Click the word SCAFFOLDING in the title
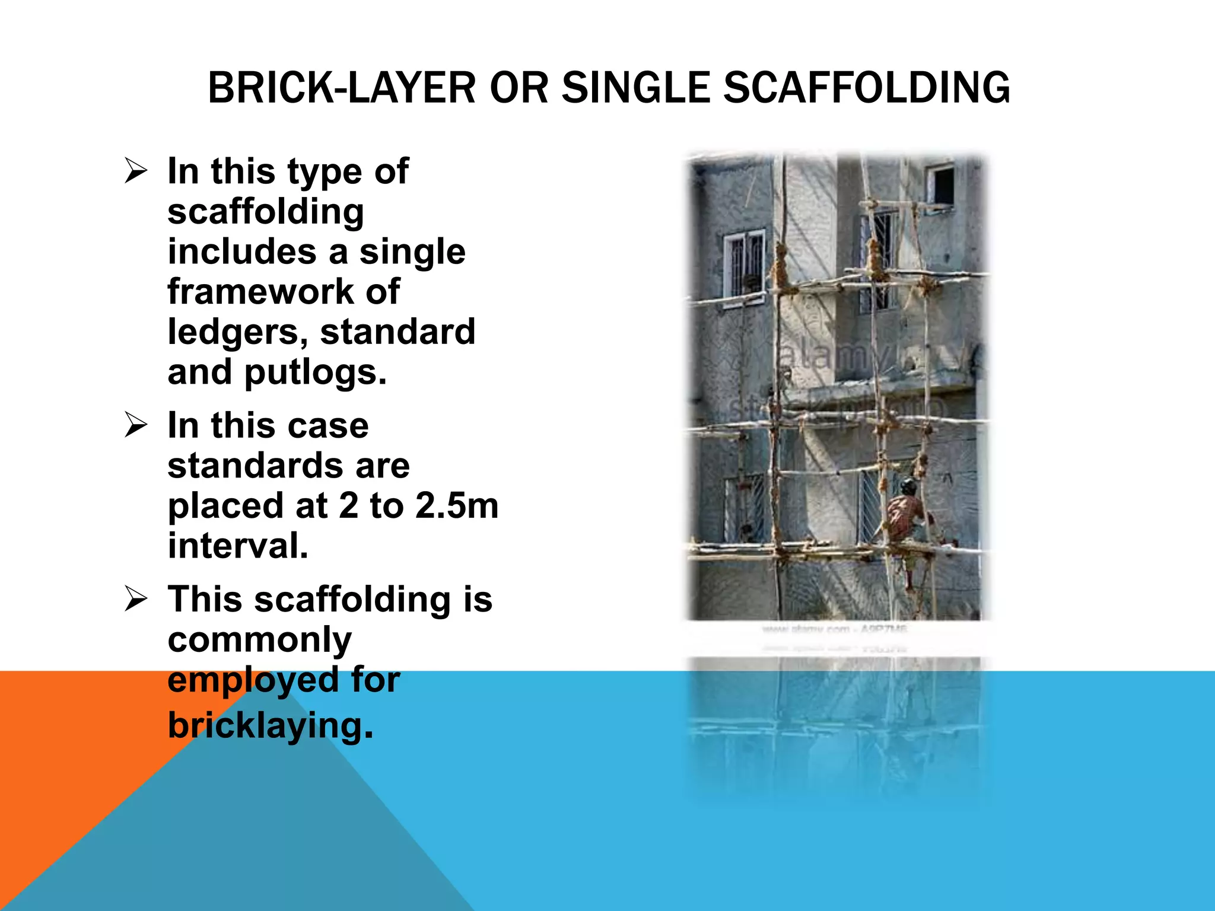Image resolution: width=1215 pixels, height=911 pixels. [x=867, y=88]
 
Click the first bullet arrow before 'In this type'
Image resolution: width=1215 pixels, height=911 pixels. [x=136, y=171]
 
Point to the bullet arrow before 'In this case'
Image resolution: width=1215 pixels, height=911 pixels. [x=136, y=426]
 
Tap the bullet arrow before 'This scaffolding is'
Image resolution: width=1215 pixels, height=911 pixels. [x=136, y=599]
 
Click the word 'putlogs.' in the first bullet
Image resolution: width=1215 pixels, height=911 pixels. [x=315, y=372]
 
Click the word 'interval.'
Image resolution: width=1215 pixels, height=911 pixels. [x=238, y=546]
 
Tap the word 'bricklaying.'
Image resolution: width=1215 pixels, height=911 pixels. [x=271, y=725]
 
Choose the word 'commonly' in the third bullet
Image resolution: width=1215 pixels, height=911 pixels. [x=260, y=641]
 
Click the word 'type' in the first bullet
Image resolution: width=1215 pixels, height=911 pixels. [x=324, y=172]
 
